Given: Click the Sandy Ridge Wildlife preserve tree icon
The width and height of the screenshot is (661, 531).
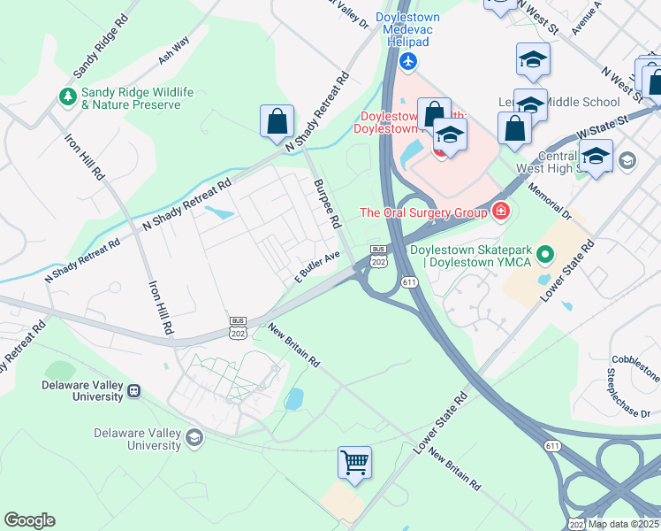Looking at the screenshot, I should point(67,96).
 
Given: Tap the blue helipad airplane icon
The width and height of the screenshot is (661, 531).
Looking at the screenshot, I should point(407,61).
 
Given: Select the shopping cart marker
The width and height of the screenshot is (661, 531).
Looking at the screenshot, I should point(354,462).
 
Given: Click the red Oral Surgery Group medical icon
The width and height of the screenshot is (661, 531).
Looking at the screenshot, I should point(501,211).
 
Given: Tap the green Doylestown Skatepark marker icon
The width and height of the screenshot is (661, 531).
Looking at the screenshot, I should point(545,256).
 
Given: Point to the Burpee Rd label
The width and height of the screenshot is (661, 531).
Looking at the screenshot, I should point(326,204).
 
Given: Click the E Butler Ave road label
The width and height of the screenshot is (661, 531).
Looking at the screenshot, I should point(316,266).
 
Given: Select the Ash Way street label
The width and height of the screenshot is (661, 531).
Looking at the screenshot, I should point(174,52).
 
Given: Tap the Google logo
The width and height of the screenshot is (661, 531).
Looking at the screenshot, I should point(29,520).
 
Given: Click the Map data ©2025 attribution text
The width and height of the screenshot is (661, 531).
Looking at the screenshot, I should point(623,524).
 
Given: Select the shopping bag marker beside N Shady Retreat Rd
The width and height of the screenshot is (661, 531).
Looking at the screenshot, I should point(277,122).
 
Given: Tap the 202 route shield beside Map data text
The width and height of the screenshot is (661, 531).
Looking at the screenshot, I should point(575,523).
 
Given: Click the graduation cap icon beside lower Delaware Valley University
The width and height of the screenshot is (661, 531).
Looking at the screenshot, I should point(193,438).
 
